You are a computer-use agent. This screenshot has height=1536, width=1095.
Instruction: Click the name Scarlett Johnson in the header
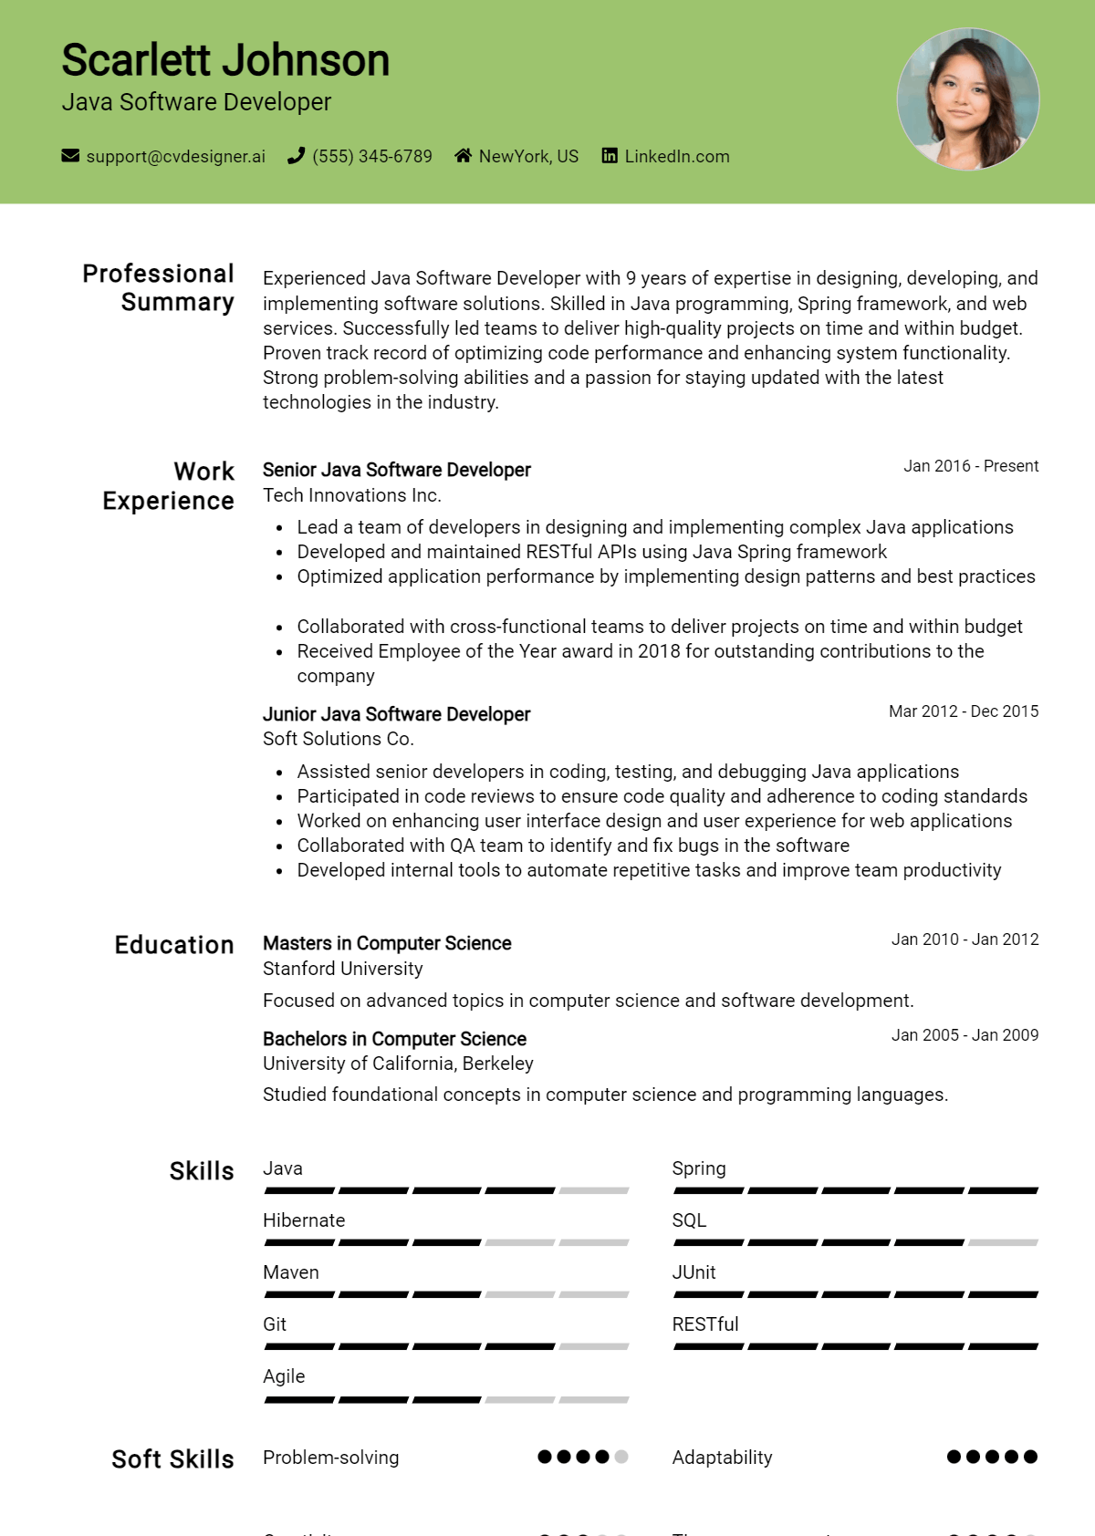[x=225, y=61]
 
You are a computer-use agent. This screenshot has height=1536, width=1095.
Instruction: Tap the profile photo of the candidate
[x=968, y=99]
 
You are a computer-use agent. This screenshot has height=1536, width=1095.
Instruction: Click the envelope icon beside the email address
[x=70, y=156]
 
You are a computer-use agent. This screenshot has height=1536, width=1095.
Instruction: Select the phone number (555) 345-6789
[x=371, y=156]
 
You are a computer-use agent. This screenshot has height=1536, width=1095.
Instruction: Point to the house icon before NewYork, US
[x=464, y=156]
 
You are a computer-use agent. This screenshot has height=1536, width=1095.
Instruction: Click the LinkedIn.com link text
[x=676, y=156]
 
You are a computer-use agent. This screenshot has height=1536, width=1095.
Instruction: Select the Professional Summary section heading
[x=159, y=287]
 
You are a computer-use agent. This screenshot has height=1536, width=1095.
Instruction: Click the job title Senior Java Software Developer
[x=396, y=470]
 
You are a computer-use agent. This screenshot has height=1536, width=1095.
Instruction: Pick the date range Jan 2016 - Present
[x=971, y=466]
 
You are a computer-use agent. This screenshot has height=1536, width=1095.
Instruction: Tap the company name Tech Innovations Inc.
[x=351, y=495]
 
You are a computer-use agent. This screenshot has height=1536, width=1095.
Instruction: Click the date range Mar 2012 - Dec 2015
[x=964, y=711]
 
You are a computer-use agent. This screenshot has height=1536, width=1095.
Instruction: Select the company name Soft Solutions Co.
[x=338, y=739]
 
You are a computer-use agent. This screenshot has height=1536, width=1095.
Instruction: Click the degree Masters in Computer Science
[x=387, y=943]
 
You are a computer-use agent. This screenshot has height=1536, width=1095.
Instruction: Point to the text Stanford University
[x=342, y=969]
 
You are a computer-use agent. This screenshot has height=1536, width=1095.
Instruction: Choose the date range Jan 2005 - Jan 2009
[x=965, y=1035]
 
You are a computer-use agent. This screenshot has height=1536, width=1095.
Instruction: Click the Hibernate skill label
[x=304, y=1220]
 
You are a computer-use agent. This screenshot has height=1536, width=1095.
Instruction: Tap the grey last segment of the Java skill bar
[x=594, y=1190]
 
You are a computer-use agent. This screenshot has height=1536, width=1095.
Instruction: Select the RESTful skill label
[x=704, y=1324]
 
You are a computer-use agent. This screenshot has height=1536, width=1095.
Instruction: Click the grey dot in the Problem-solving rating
[x=621, y=1457]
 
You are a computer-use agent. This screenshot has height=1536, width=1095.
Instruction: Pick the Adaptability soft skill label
[x=722, y=1458]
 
